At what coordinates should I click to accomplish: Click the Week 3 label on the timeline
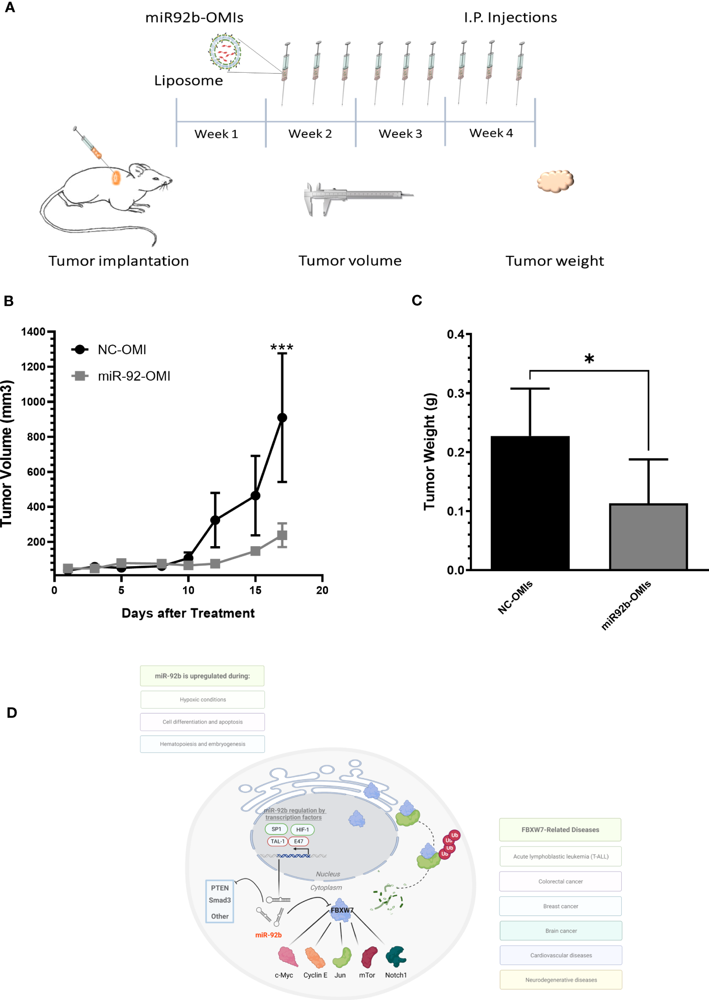pos(400,134)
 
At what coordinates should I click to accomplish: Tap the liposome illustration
pos(225,52)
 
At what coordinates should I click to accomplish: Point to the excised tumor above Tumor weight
pos(555,181)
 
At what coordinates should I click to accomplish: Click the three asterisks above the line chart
pos(282,347)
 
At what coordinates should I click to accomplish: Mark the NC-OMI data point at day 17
pos(282,418)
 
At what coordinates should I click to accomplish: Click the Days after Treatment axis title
pos(188,613)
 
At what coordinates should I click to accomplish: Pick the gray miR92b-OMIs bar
pos(648,537)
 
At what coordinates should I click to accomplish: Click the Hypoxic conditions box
pos(203,700)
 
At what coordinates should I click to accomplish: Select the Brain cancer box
pos(561,931)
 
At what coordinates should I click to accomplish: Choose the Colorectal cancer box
pos(560,882)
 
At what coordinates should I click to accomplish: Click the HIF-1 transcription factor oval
pos(302,829)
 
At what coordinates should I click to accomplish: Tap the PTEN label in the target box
pos(220,888)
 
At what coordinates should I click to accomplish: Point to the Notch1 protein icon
pos(396,956)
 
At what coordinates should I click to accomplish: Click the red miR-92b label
pos(268,935)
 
